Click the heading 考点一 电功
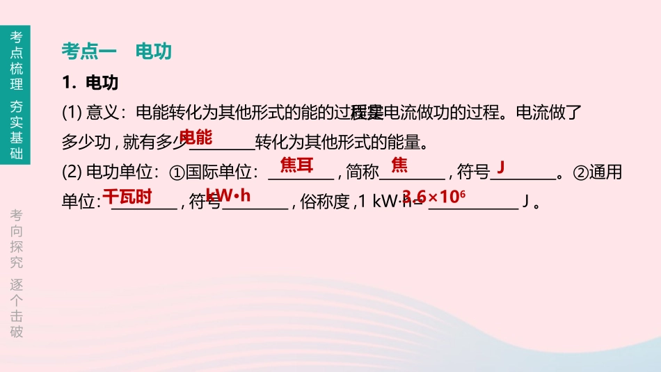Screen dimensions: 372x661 click(x=116, y=51)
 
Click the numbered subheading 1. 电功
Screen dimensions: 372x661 click(x=90, y=83)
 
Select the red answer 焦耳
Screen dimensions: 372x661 click(x=297, y=165)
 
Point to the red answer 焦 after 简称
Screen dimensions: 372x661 click(x=399, y=165)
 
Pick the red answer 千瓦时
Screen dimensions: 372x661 click(x=127, y=196)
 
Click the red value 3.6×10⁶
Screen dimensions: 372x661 click(x=433, y=196)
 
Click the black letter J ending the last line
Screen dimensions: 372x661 click(x=526, y=203)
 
